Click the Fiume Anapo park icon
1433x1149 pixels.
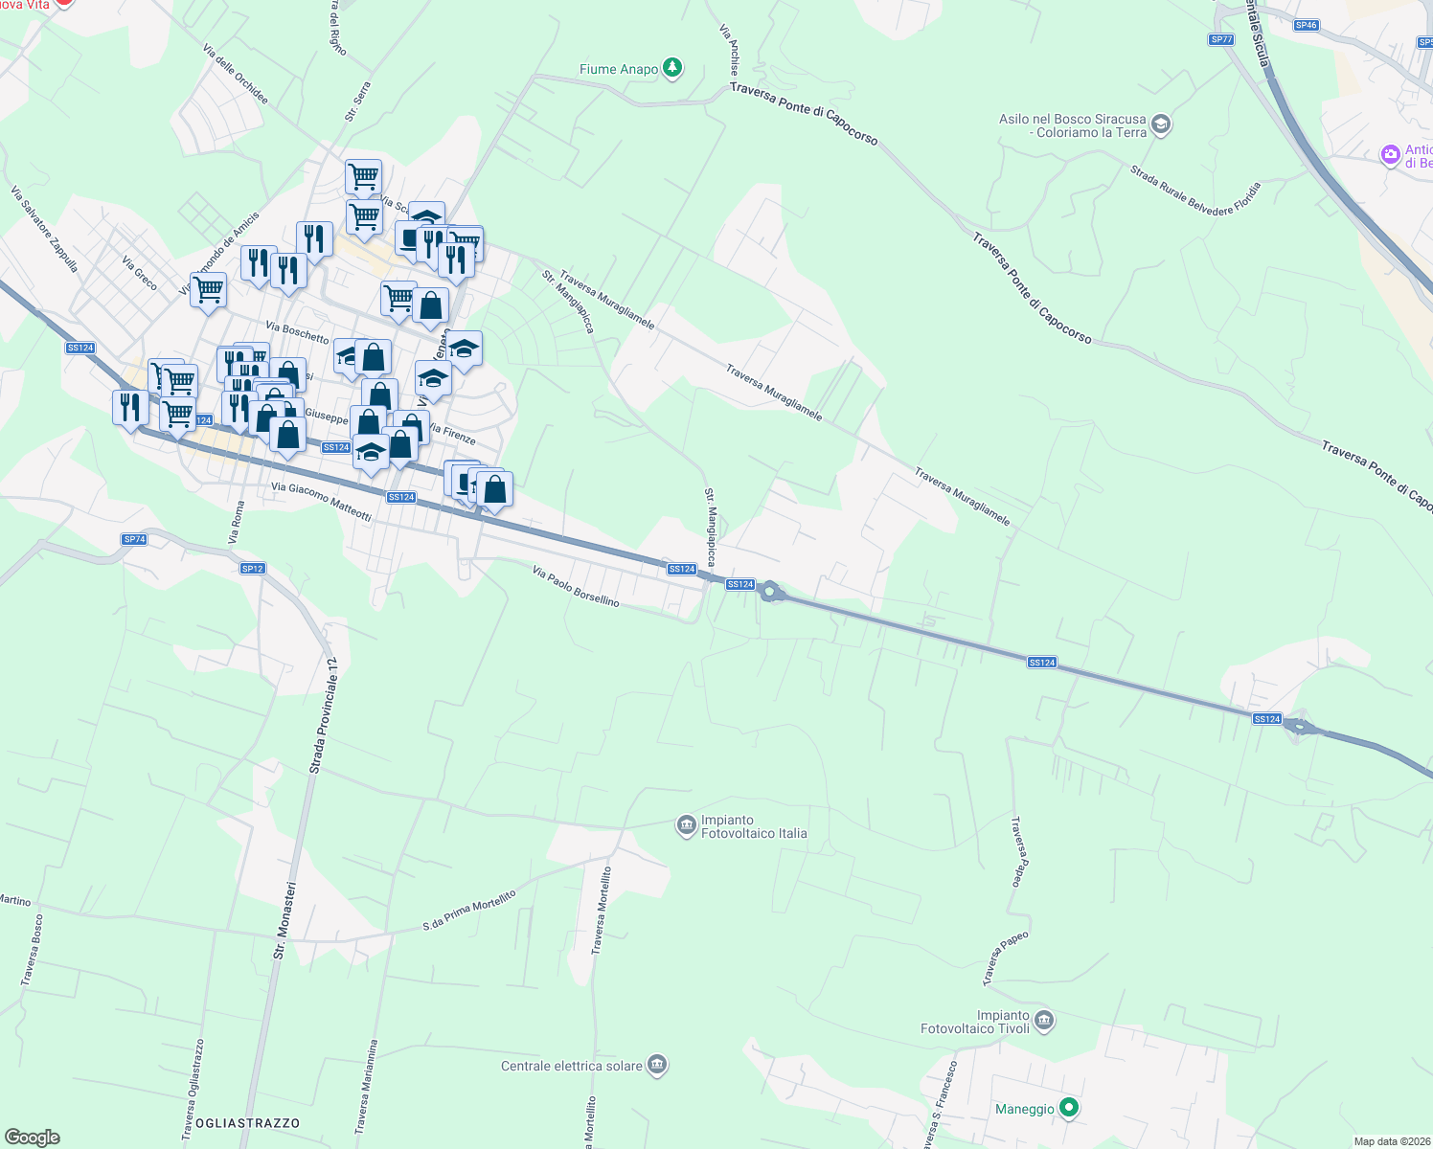673,67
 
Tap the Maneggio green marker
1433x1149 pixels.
1069,1108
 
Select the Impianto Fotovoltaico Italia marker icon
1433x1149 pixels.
686,825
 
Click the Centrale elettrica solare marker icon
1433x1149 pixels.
657,1065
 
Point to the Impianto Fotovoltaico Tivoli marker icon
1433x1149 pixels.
1044,1021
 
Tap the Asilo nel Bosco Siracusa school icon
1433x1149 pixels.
1161,124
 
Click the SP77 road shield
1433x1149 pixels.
1220,39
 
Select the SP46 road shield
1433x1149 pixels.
1306,25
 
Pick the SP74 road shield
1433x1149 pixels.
134,539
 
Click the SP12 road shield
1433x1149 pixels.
252,568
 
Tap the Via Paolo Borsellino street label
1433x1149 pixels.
576,586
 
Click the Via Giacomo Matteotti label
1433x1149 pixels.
321,501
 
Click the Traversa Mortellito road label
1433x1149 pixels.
601,910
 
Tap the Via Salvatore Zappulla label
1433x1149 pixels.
45,229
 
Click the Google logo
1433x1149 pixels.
33,1137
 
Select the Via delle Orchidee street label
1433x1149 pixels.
236,74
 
